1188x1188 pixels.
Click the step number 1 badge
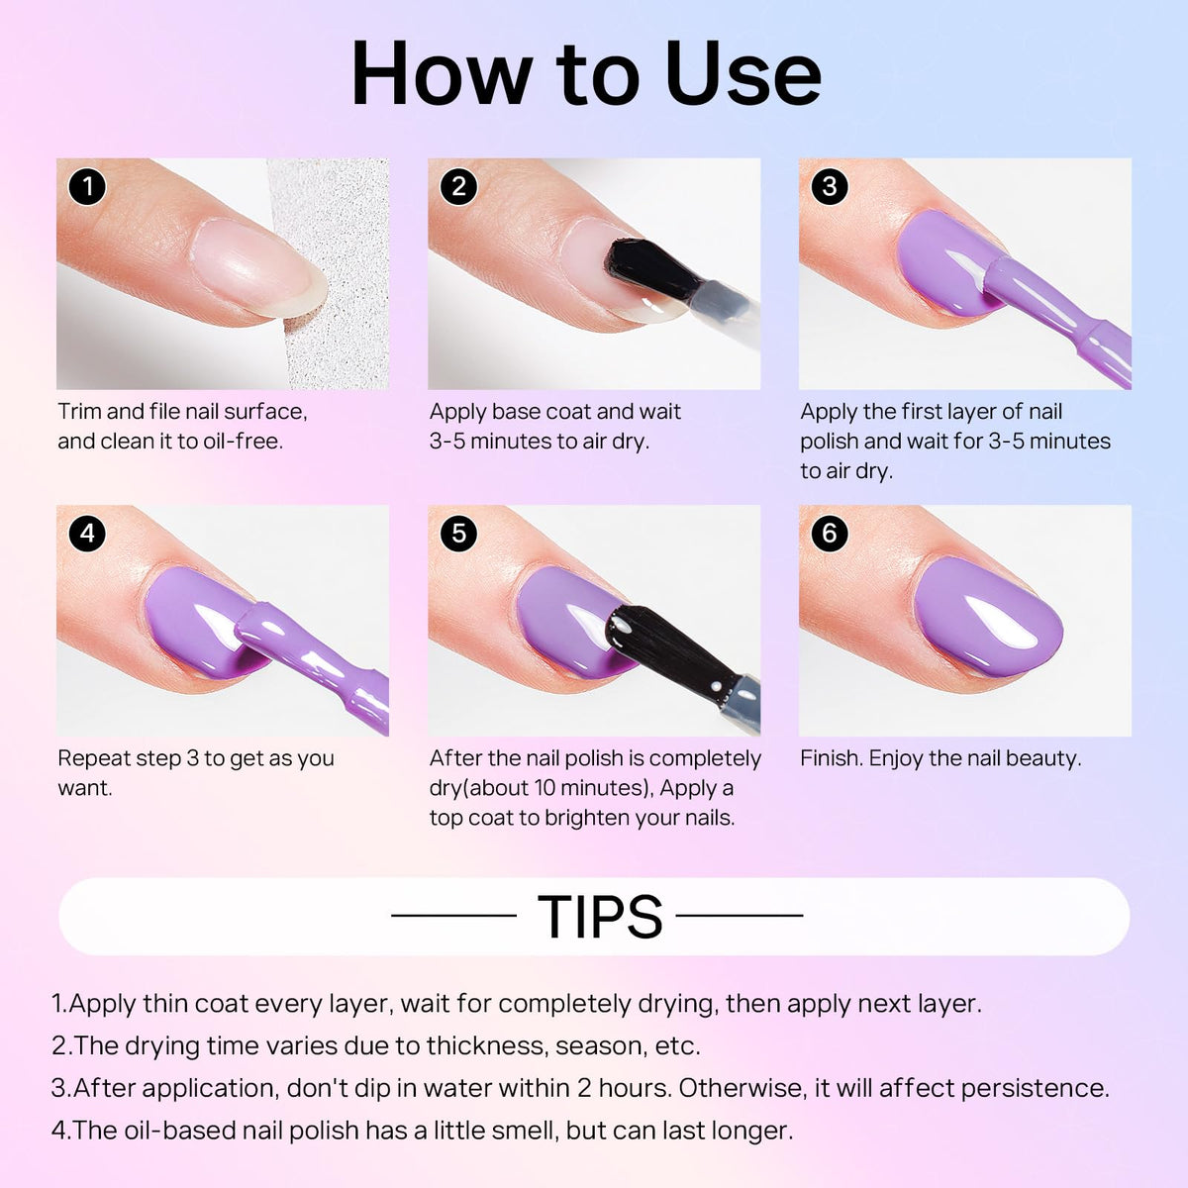(x=87, y=187)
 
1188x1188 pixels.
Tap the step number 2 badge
(x=458, y=187)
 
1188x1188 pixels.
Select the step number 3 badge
(x=830, y=187)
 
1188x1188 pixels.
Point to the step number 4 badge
(x=87, y=534)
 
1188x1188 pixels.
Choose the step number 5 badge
(x=458, y=534)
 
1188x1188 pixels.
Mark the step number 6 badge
(x=830, y=534)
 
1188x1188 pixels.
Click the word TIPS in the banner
(x=600, y=917)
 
